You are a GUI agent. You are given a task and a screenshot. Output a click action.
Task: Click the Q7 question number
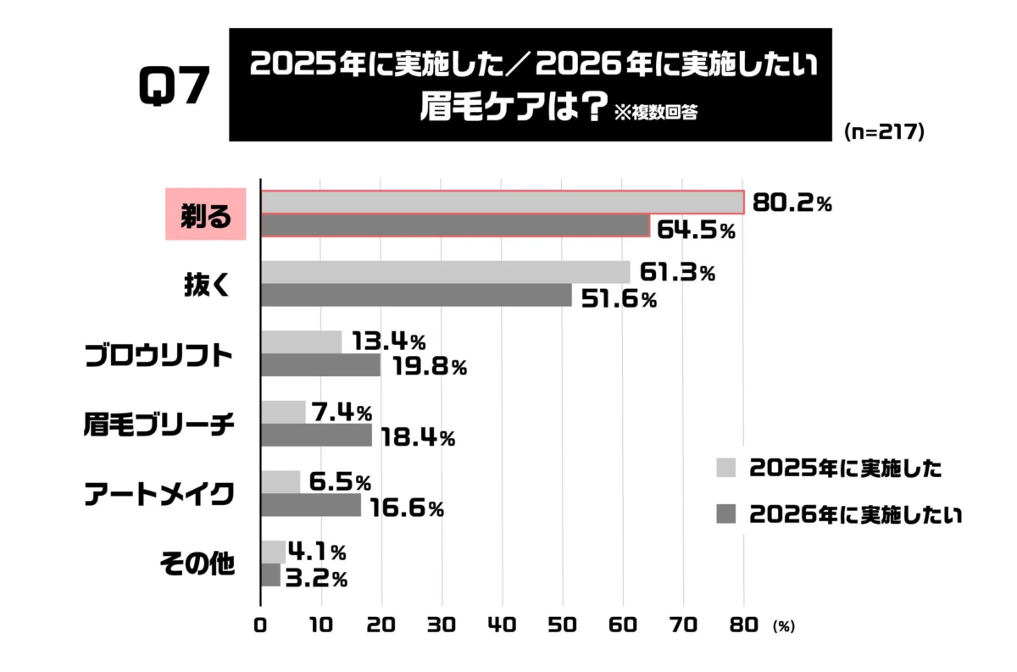pyautogui.click(x=173, y=86)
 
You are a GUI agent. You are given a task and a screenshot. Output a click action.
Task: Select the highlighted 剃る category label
pyautogui.click(x=205, y=215)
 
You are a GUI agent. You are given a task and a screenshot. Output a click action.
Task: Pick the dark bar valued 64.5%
pyautogui.click(x=455, y=225)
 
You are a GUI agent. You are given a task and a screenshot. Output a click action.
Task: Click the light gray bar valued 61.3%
pyautogui.click(x=446, y=272)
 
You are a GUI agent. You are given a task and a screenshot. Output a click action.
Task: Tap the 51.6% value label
pyautogui.click(x=615, y=298)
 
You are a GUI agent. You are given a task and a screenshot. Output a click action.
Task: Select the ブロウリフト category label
pyautogui.click(x=159, y=355)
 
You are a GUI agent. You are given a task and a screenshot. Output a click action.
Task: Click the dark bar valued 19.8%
pyautogui.click(x=321, y=365)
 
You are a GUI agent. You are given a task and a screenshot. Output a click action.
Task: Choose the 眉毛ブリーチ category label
pyautogui.click(x=159, y=425)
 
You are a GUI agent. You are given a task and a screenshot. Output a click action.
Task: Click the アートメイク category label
pyautogui.click(x=159, y=495)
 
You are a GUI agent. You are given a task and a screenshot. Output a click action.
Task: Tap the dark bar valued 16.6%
pyautogui.click(x=311, y=506)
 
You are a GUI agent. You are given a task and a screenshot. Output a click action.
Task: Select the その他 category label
pyautogui.click(x=197, y=564)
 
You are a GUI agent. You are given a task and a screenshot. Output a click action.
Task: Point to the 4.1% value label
pyautogui.click(x=318, y=553)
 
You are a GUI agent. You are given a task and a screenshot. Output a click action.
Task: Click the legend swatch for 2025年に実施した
pyautogui.click(x=726, y=468)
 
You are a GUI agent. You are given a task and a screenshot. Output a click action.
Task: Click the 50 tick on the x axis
pyautogui.click(x=563, y=625)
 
